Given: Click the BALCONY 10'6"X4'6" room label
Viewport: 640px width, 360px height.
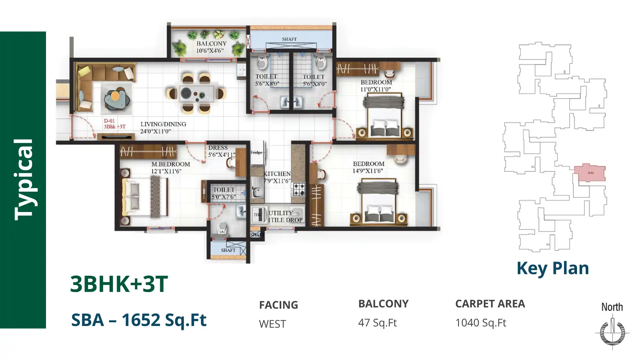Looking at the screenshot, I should pos(211,47).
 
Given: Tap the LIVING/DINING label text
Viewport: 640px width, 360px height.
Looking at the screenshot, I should pos(163,124).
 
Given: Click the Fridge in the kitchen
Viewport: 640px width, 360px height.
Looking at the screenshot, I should pos(257,153).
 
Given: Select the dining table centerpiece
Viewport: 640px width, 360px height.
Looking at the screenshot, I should pos(185,93).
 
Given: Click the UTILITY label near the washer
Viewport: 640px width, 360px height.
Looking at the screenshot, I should pos(281,213).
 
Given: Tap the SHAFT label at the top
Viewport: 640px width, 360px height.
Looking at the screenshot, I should pos(289,39).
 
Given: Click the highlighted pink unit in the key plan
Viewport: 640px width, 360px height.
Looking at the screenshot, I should pos(590,173).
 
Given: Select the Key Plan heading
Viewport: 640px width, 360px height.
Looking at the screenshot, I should pos(552,268).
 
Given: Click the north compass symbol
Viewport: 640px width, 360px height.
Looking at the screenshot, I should pos(612,332).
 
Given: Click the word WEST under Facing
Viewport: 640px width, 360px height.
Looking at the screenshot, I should pos(272,324).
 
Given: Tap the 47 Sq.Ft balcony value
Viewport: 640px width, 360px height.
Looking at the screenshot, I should pos(377,323).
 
